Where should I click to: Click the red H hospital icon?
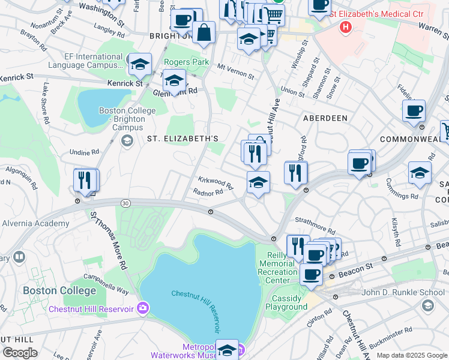tap(345, 27)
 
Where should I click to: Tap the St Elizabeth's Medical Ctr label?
tap(381, 13)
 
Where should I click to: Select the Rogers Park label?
tap(186, 62)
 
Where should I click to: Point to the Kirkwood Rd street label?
tap(215, 181)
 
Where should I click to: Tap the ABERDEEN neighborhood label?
tap(325, 118)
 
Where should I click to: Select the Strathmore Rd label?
tap(315, 229)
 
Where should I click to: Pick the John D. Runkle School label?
tap(403, 292)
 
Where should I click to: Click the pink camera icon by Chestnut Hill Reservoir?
tap(142, 309)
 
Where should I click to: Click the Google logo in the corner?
tap(20, 353)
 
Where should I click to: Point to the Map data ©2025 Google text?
tap(412, 355)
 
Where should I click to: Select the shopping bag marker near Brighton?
tap(204, 33)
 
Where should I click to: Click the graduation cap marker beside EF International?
tap(140, 64)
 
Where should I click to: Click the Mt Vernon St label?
tap(236, 72)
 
